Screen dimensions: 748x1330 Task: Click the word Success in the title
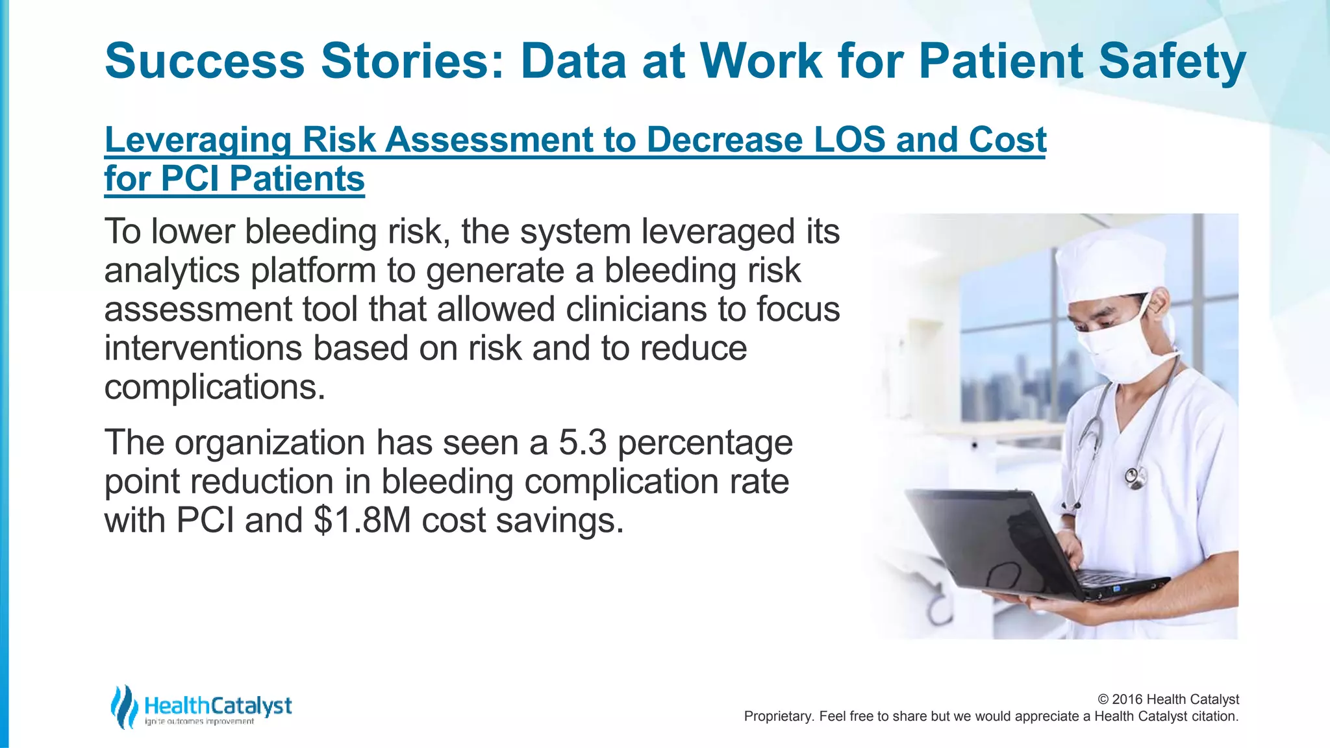pyautogui.click(x=205, y=61)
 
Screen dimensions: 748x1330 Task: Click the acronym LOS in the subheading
pyautogui.click(x=849, y=140)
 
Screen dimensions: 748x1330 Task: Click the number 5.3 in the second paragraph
pyautogui.click(x=582, y=443)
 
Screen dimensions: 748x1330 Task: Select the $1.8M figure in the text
pyautogui.click(x=362, y=521)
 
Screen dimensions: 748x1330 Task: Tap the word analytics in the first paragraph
pyautogui.click(x=171, y=271)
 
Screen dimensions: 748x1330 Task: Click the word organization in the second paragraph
pyautogui.click(x=270, y=443)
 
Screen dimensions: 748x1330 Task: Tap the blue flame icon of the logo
pyautogui.click(x=123, y=706)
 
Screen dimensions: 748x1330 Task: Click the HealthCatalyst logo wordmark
pyautogui.click(x=218, y=706)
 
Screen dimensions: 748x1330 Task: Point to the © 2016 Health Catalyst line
pyautogui.click(x=1168, y=699)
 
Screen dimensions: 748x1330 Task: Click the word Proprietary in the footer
pyautogui.click(x=777, y=716)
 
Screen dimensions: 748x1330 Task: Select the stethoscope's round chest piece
pyautogui.click(x=1136, y=479)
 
